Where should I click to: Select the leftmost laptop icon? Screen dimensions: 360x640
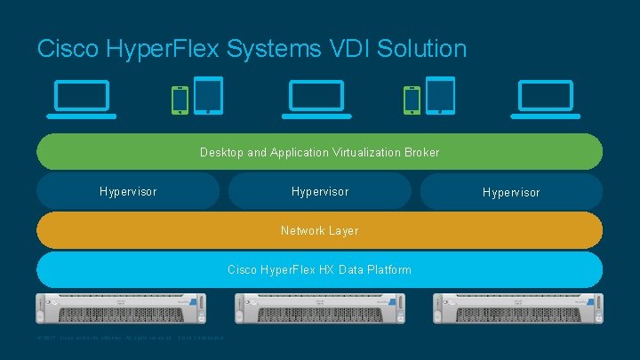coord(83,99)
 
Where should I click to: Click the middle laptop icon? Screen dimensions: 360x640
coord(314,99)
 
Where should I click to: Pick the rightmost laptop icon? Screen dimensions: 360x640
coord(546,99)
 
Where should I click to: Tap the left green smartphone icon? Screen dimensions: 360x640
coord(180,100)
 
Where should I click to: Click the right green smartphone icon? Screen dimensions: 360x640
coord(412,100)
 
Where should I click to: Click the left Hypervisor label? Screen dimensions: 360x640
coord(128,191)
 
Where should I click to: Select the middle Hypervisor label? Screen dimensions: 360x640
coord(320,191)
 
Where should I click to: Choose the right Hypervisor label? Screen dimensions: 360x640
coord(511,192)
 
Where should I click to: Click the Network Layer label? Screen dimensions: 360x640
coord(320,230)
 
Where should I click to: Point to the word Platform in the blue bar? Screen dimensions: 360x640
coord(388,269)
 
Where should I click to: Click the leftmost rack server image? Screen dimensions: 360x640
coord(121,308)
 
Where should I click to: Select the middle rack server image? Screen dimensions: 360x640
coord(320,308)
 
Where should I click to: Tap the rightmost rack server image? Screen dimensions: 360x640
coord(519,308)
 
